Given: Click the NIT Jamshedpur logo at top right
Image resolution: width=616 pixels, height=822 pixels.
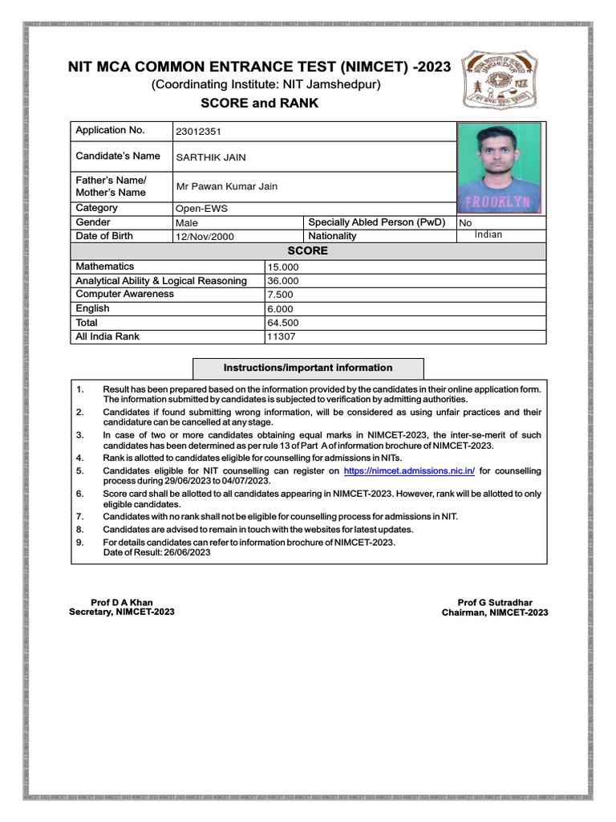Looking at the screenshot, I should [503, 80].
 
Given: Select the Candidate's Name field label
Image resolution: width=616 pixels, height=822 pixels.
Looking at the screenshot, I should [117, 156].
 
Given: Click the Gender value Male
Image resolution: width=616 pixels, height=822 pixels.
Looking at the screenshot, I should [187, 222].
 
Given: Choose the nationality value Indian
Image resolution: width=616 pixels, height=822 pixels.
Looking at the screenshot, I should [488, 235].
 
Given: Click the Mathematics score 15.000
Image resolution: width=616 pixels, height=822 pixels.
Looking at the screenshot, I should [283, 267].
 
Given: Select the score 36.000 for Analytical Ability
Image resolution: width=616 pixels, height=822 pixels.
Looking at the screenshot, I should [283, 281].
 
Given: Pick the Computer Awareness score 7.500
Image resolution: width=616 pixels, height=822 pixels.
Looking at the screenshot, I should [281, 295].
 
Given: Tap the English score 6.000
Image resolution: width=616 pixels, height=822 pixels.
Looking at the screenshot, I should [281, 308].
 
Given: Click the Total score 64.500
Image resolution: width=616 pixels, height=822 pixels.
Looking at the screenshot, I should [283, 323].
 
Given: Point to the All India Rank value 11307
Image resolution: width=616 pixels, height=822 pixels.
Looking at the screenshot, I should [282, 337].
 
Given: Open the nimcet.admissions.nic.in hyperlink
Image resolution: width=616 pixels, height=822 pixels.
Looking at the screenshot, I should [409, 470].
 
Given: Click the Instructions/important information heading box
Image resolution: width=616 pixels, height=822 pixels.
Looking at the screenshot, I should [308, 368].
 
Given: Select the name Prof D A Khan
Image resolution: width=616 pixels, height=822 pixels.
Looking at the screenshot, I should [121, 602].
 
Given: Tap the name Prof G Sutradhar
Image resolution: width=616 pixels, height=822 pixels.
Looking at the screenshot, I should [495, 602].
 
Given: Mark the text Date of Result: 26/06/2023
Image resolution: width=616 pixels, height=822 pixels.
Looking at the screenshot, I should [156, 553].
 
